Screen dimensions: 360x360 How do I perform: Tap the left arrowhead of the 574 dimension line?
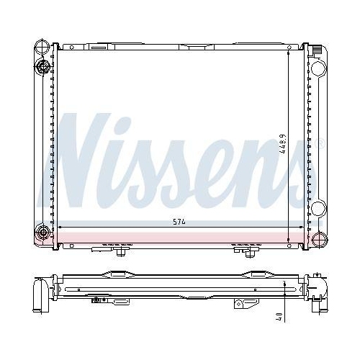(59, 228)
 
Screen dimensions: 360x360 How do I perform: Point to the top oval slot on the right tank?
(317, 69)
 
